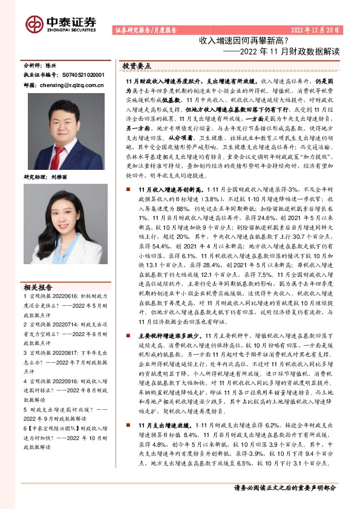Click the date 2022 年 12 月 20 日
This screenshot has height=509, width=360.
(x=316, y=30)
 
